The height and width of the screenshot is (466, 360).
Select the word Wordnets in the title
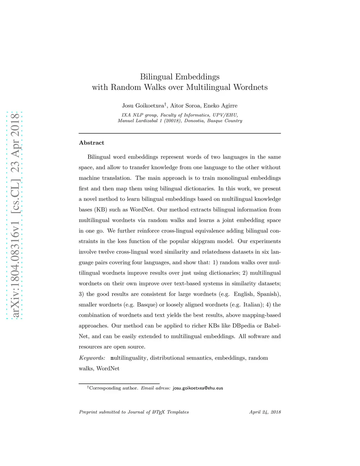(250, 87)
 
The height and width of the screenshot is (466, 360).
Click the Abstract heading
(91, 143)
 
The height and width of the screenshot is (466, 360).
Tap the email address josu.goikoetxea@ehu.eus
(198, 388)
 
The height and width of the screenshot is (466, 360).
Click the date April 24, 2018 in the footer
(265, 412)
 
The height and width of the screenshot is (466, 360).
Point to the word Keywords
(92, 358)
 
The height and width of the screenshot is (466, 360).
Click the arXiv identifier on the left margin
(15, 215)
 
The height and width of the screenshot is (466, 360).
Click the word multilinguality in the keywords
(128, 358)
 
